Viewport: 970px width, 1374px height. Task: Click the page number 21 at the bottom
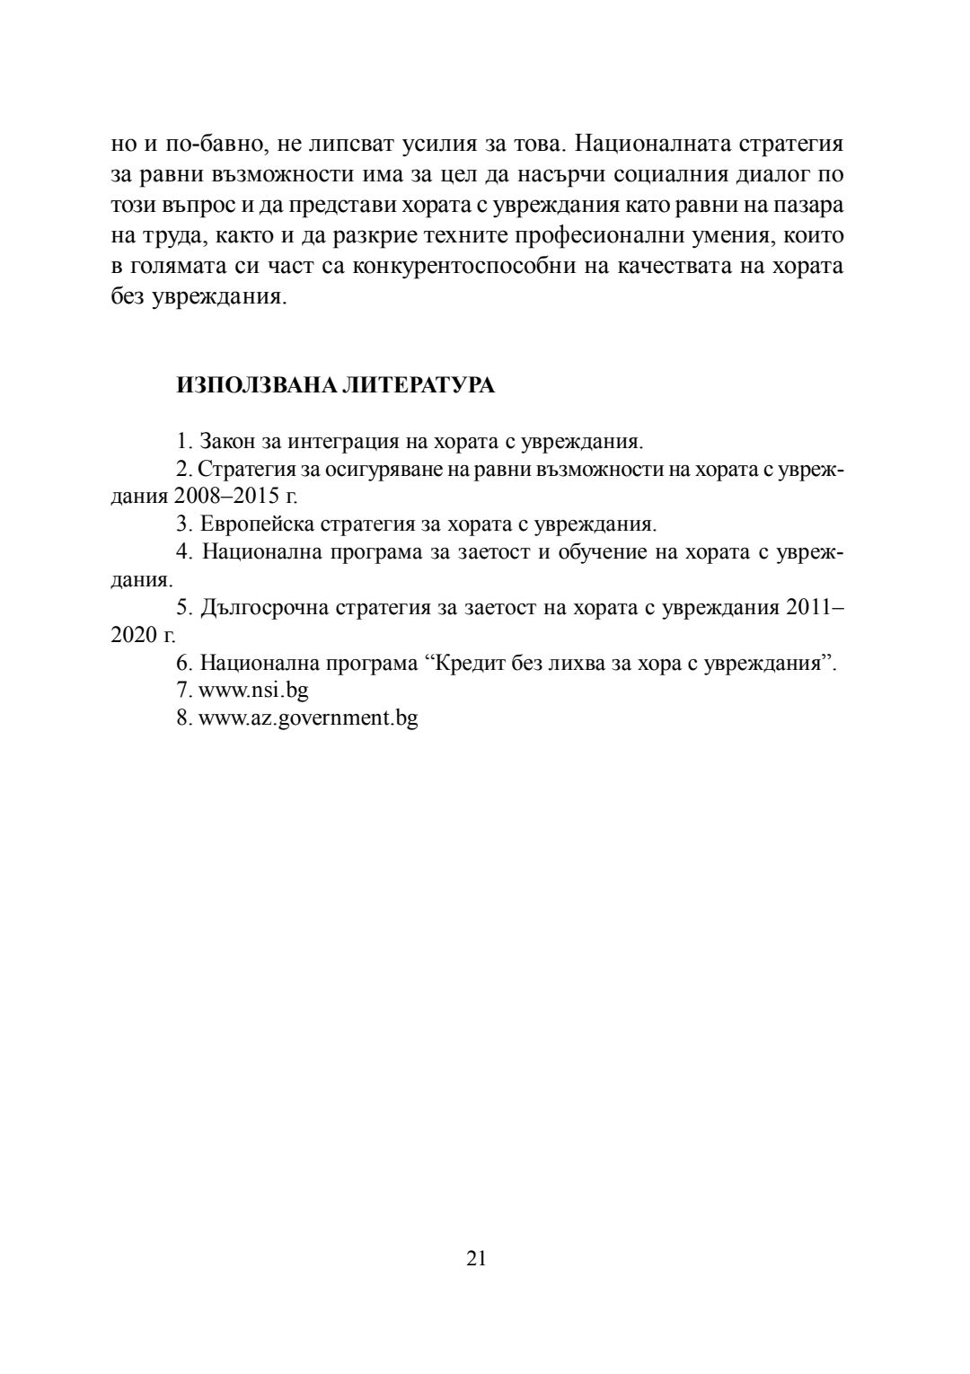click(477, 1257)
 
